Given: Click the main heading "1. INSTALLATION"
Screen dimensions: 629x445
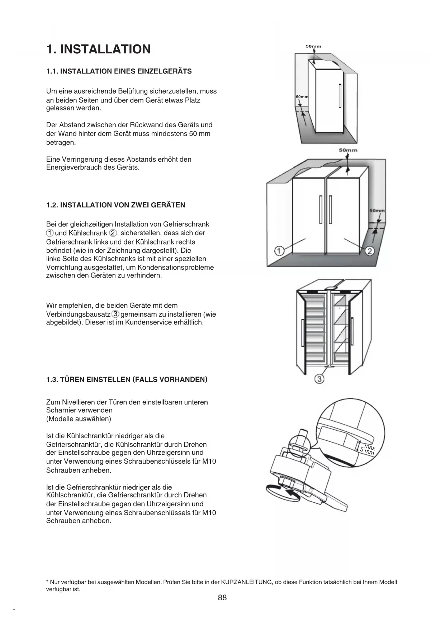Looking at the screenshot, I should click(x=99, y=49).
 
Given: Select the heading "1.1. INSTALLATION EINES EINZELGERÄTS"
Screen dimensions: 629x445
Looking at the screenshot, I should click(x=119, y=71).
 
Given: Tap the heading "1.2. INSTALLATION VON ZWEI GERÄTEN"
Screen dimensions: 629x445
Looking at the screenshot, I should click(x=115, y=205).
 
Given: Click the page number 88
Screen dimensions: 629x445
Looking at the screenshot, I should click(x=222, y=597).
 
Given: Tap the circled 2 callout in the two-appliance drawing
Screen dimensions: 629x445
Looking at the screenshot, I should click(x=369, y=251).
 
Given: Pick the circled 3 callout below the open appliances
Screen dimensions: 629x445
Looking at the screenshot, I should click(x=319, y=379).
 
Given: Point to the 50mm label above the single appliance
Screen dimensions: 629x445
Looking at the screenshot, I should click(x=313, y=46).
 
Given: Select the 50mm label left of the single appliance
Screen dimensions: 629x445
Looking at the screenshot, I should click(x=302, y=97).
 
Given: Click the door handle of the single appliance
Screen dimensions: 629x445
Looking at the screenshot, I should click(x=339, y=95).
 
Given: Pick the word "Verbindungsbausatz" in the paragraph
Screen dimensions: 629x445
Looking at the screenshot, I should click(x=78, y=314).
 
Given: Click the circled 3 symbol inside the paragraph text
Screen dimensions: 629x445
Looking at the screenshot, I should click(x=115, y=314).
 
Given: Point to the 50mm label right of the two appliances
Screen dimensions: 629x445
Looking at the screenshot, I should click(x=377, y=211).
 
